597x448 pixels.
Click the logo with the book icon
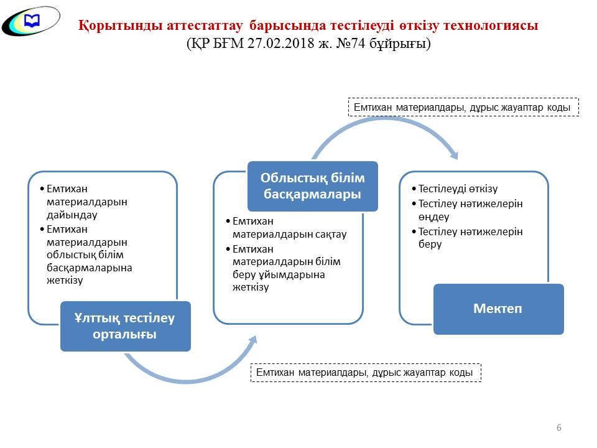coord(31,21)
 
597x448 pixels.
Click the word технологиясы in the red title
coord(491,26)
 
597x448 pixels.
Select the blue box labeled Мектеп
coord(498,309)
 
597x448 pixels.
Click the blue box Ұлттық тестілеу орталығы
coord(125,326)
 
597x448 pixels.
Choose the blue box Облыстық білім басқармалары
coord(313,186)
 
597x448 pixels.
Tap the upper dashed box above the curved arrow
coord(463,107)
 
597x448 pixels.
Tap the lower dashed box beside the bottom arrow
coord(366,373)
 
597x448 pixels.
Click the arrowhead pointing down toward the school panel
coord(453,155)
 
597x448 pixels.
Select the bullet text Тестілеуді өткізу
coord(458,189)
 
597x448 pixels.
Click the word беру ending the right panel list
coord(430,244)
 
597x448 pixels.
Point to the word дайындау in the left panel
coord(72,215)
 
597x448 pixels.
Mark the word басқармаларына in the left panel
coord(89,268)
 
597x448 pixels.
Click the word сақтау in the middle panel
coord(331,235)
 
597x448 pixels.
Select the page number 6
coord(559,427)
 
